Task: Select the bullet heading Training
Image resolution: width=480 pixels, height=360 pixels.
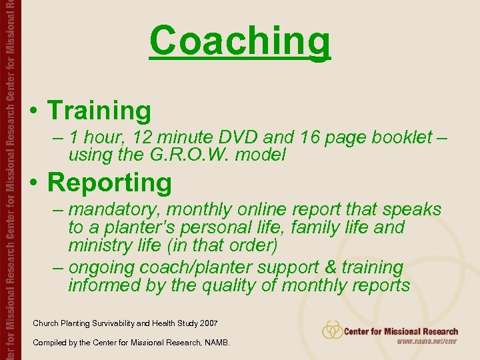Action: (x=99, y=111)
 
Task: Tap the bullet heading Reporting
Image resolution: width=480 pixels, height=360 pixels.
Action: (x=109, y=182)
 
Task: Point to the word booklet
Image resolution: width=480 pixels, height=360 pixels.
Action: (x=395, y=137)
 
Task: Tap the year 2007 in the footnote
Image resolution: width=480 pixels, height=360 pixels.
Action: (x=206, y=323)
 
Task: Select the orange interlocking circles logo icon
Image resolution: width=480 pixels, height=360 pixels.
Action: (x=332, y=330)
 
